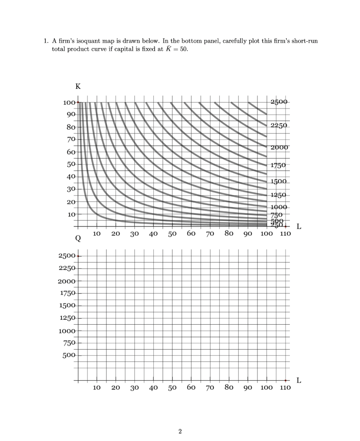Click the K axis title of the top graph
(78, 86)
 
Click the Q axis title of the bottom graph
(78, 238)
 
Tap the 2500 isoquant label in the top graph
(279, 102)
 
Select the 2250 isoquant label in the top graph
(279, 126)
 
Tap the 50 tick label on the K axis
(71, 165)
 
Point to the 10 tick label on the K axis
(71, 214)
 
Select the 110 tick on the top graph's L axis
(285, 234)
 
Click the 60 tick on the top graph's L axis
(191, 234)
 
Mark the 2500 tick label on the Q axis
(67, 256)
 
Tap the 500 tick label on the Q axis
(69, 356)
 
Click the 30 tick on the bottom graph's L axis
(135, 388)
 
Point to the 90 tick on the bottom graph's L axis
(248, 388)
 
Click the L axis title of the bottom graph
(299, 381)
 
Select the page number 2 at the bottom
(180, 431)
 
